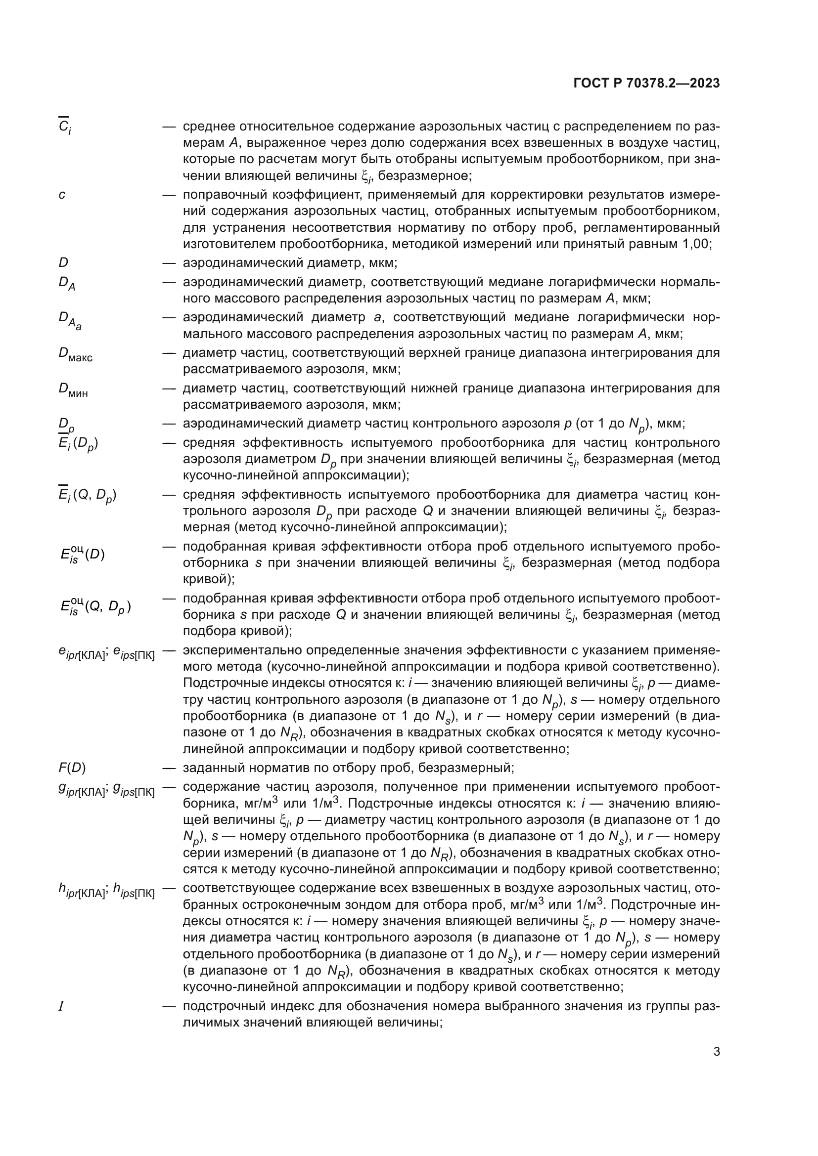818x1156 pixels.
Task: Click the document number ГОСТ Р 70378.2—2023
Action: (646, 84)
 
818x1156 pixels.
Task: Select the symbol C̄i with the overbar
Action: (64, 127)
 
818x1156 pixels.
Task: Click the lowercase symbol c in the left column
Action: (61, 194)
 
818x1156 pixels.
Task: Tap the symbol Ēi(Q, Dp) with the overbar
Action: (88, 496)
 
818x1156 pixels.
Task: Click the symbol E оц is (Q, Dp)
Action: (95, 607)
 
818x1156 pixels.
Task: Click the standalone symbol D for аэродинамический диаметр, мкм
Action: (63, 262)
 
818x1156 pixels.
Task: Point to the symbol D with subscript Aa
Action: (70, 320)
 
